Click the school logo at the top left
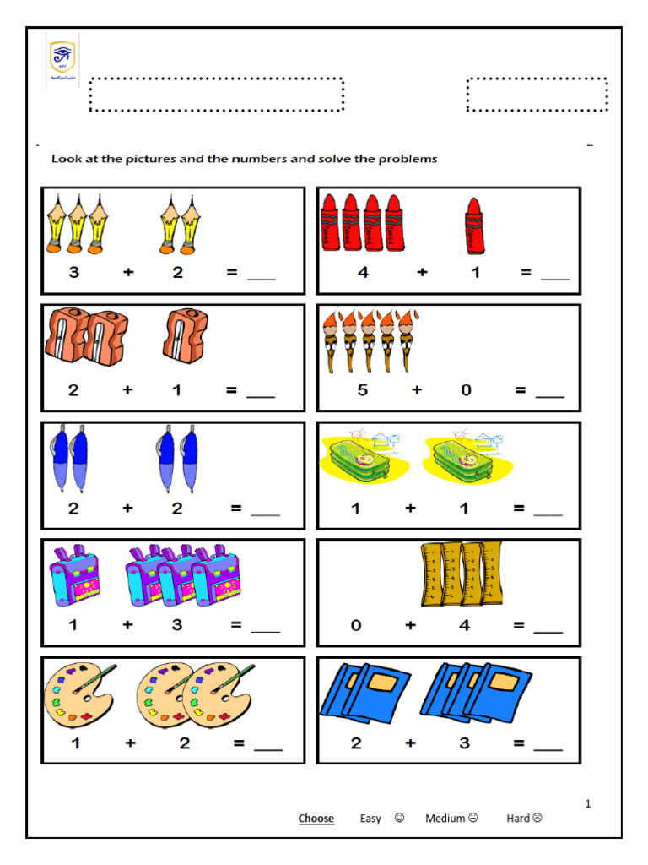coord(62,61)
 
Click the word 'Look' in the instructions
coord(65,159)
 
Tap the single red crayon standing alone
coord(474,226)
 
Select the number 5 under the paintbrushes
coord(363,390)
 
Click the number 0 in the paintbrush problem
coord(466,390)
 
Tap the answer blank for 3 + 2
coord(261,275)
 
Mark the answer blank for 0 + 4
coord(548,628)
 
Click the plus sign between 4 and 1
coord(421,272)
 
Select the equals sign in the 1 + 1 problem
coord(519,509)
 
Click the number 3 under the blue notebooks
coord(465,743)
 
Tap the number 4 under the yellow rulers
coord(465,626)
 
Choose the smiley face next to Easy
coord(399,818)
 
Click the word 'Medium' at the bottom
coord(445,818)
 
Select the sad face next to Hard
coord(537,818)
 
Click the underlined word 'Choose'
coord(316,818)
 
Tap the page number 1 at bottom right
coord(588,803)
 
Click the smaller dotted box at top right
coord(537,94)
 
